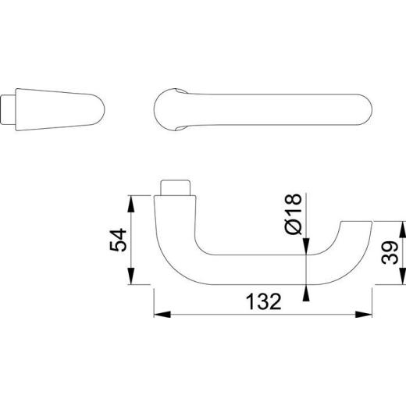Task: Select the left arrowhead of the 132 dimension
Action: [x=161, y=315]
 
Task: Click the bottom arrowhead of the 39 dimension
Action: [x=402, y=280]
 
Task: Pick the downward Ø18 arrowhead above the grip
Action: [x=306, y=248]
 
